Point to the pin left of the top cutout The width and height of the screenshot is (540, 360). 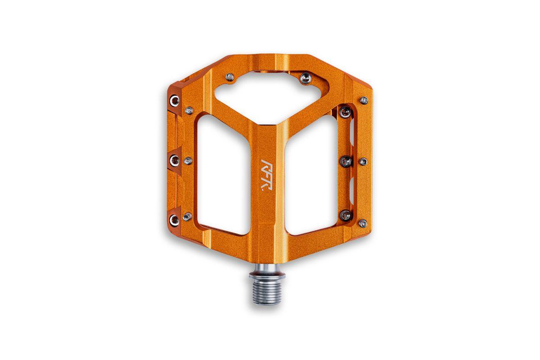pyautogui.click(x=230, y=77)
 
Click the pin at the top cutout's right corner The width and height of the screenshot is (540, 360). pyautogui.click(x=306, y=78)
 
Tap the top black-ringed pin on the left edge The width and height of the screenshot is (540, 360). pyautogui.click(x=175, y=100)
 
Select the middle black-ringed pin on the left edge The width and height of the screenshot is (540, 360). pyautogui.click(x=175, y=161)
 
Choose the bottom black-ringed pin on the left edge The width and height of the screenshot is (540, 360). pyautogui.click(x=174, y=220)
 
